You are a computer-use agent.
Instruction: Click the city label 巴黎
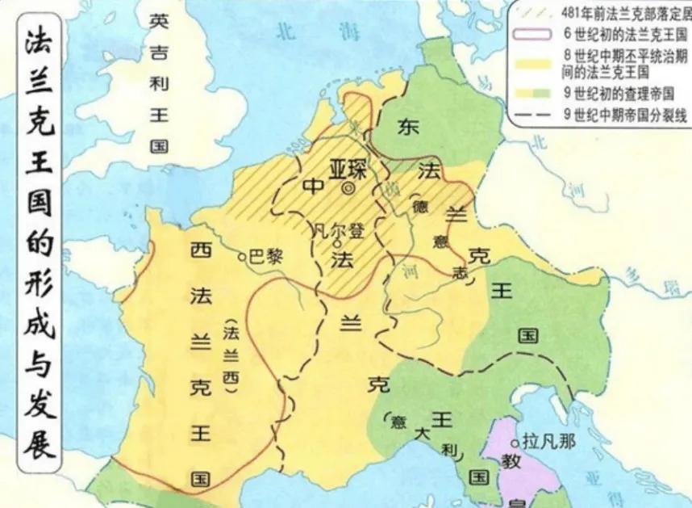point(268,256)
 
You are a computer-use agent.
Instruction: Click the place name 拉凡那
point(548,442)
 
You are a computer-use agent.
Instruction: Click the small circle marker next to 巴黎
point(242,257)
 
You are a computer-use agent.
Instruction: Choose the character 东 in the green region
point(409,128)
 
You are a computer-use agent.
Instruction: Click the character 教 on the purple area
point(510,462)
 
